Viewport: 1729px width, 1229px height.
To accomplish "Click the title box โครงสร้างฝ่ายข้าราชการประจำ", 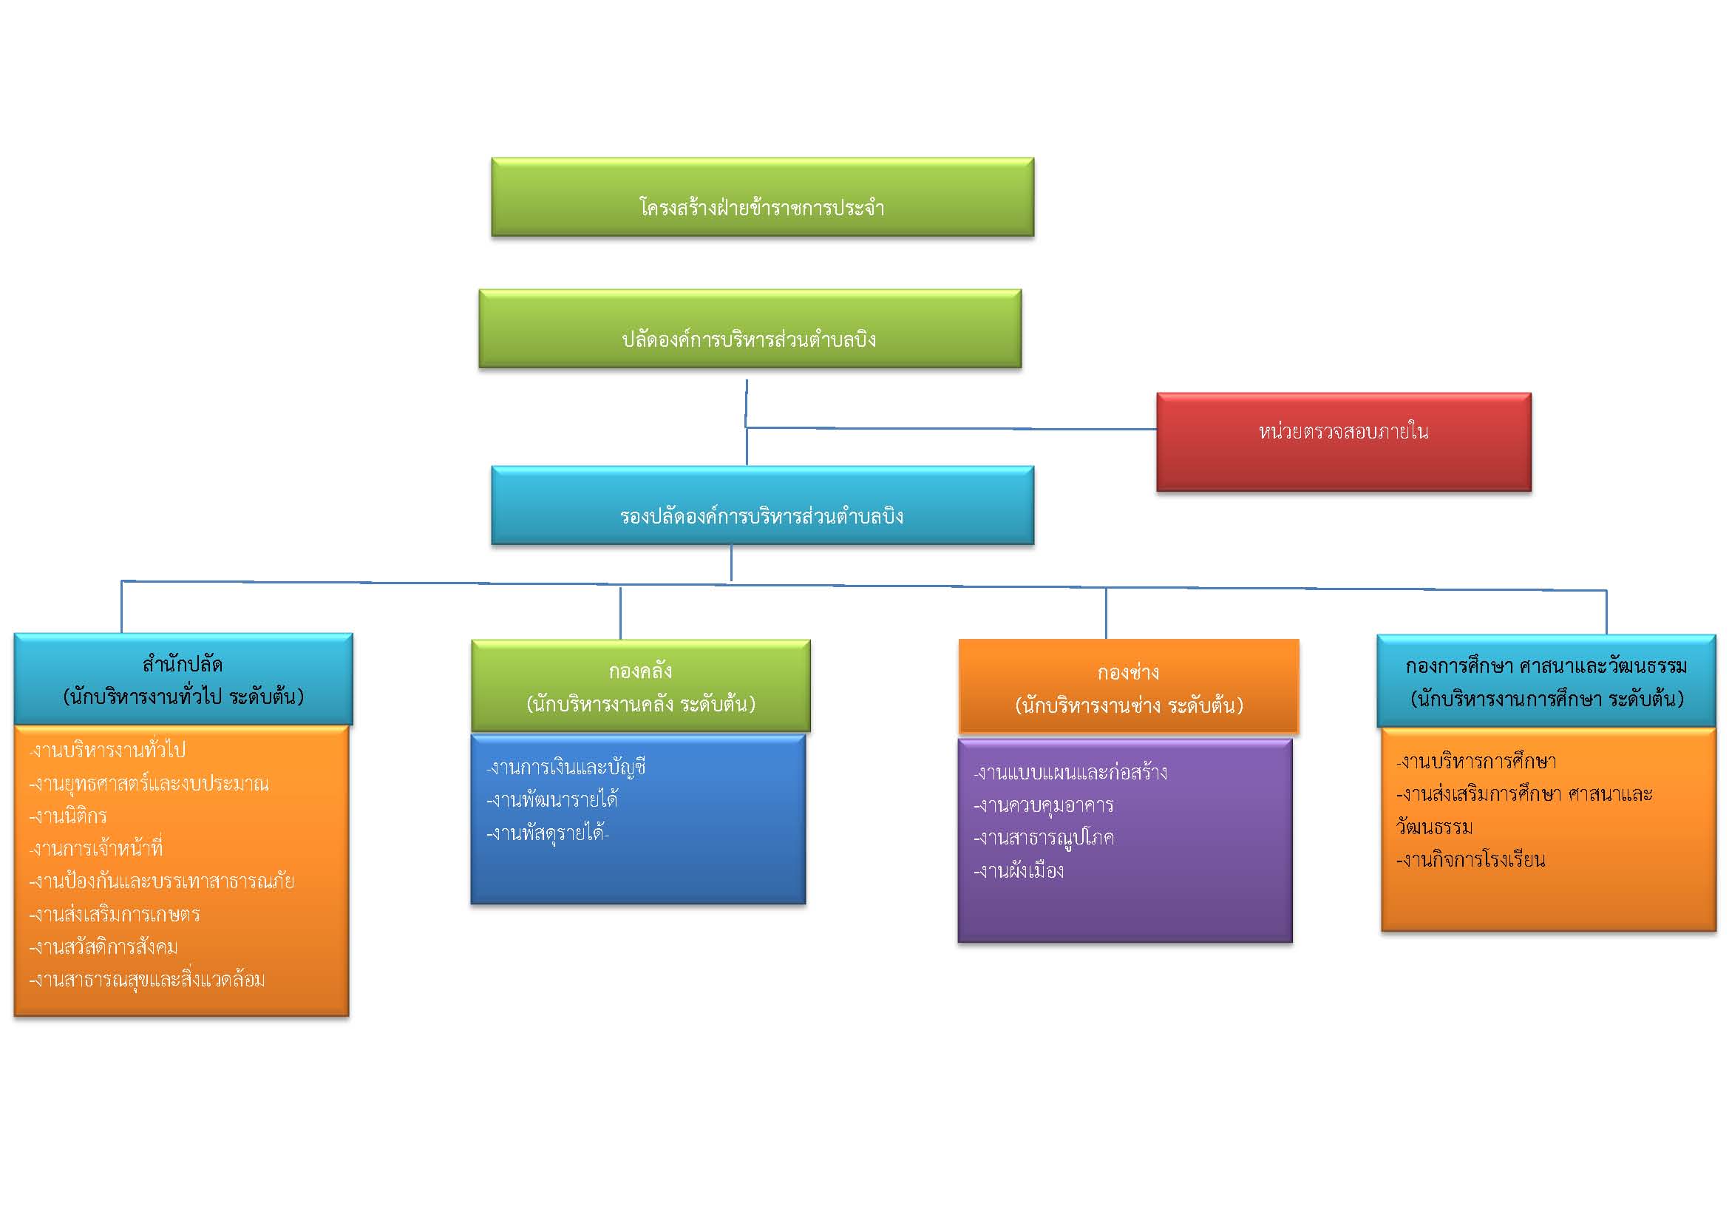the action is click(762, 197).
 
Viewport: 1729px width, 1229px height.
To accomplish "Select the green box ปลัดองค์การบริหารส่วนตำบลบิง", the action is click(750, 329).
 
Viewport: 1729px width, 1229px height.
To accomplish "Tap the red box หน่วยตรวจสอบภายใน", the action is click(1344, 442).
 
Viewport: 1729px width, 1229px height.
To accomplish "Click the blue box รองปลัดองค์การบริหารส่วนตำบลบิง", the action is click(762, 506).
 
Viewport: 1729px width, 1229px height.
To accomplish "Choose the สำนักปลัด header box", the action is click(183, 679).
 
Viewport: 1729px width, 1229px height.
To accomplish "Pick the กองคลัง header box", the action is click(641, 685).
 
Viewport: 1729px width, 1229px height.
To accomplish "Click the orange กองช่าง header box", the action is click(1129, 686).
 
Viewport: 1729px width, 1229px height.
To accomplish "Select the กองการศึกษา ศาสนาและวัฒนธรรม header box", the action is click(1546, 681).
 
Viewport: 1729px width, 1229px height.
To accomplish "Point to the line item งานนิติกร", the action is click(68, 816).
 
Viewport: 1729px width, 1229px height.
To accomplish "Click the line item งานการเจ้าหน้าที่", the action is click(96, 848).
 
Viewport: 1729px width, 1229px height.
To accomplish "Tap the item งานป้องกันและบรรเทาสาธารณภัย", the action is click(162, 881).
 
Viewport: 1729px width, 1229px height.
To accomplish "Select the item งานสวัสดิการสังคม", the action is click(103, 947).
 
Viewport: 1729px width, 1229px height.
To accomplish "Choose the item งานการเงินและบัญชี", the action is click(565, 768).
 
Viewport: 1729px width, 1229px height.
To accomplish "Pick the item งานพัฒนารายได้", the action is click(552, 799).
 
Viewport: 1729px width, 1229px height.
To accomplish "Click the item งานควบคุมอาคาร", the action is click(1044, 806).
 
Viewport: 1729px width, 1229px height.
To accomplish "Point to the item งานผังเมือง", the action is click(1019, 871).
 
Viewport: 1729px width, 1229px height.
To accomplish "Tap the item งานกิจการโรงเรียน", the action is click(1470, 861).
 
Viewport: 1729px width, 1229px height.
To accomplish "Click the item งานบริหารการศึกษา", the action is click(1475, 762).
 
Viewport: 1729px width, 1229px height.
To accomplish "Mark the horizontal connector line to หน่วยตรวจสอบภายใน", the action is click(951, 428).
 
